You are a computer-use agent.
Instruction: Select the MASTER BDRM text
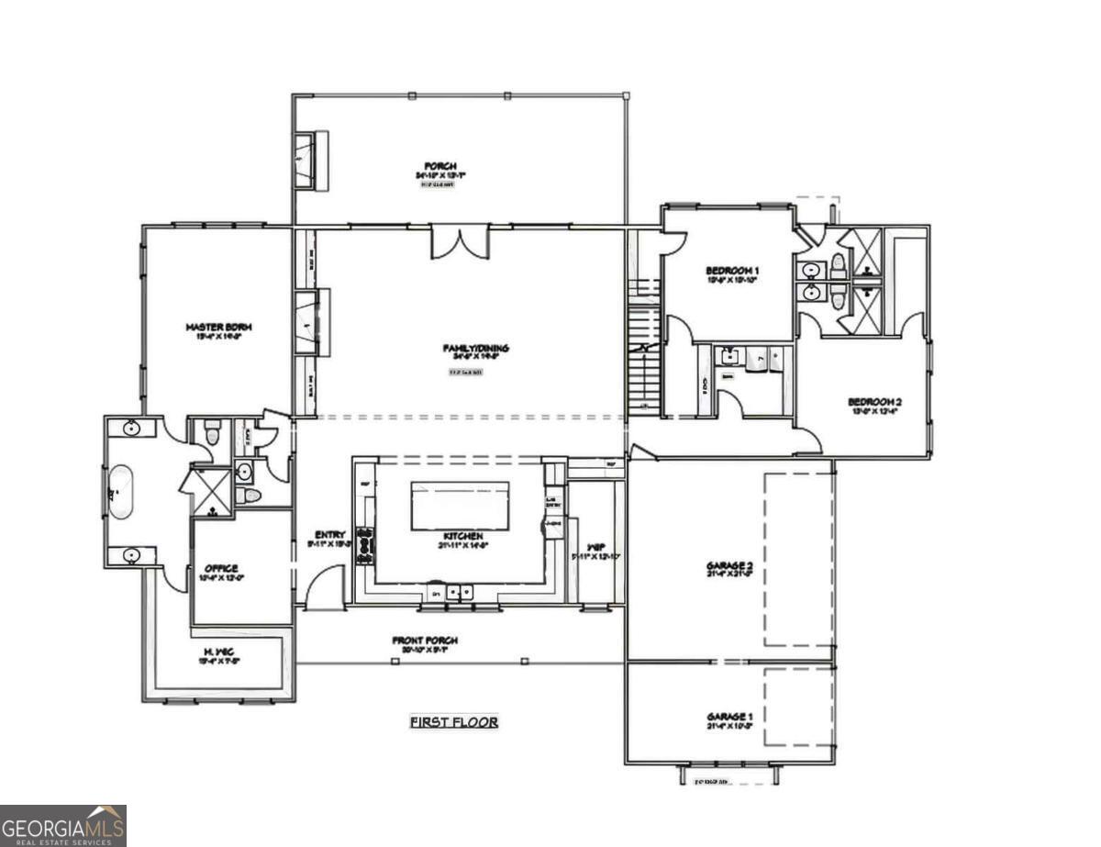218,327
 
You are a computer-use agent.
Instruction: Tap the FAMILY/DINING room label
475,348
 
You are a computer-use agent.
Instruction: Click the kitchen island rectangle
460,506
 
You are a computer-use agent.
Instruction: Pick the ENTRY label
329,535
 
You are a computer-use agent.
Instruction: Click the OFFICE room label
222,568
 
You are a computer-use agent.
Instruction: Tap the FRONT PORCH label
425,641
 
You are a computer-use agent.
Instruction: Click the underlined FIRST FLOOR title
453,722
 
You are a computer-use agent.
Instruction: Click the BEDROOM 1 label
732,270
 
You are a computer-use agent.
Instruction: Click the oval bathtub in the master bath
120,493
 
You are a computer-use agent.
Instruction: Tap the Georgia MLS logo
62,825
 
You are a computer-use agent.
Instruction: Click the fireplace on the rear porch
310,161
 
